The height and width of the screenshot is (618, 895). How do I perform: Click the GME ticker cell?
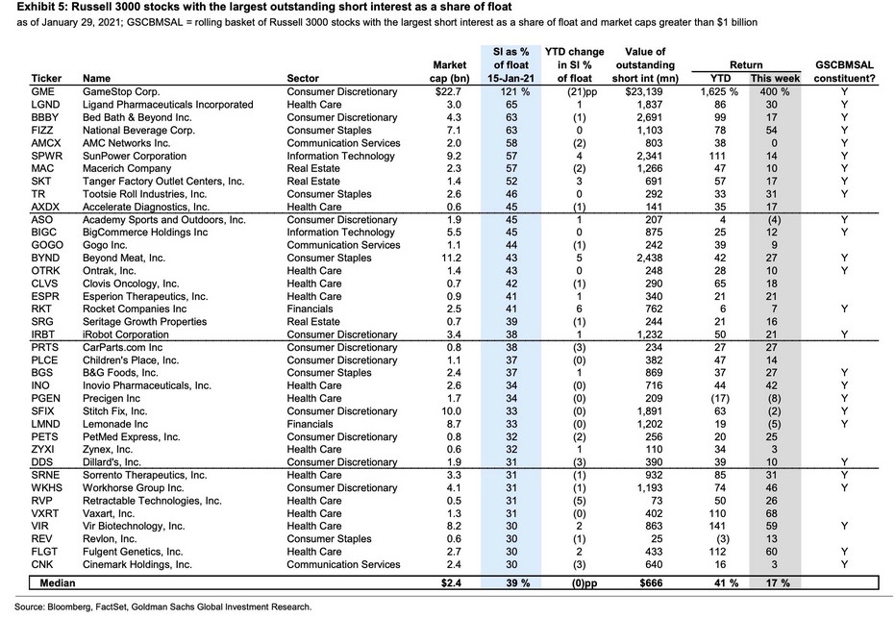click(x=43, y=91)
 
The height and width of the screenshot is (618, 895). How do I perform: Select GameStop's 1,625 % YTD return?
click(x=719, y=91)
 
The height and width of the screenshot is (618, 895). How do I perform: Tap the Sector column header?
click(x=303, y=78)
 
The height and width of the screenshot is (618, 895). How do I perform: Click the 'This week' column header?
click(x=775, y=78)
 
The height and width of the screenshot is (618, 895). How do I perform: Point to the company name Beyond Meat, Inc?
click(x=124, y=258)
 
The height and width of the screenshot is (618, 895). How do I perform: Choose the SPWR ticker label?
click(x=47, y=156)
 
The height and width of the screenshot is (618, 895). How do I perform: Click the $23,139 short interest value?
click(x=643, y=91)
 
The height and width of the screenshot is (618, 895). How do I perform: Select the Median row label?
click(x=58, y=582)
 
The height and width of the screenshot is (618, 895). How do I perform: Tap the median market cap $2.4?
click(x=451, y=582)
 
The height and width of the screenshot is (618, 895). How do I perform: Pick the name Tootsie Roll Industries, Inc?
click(x=144, y=194)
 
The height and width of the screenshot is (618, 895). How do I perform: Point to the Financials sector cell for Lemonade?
click(x=310, y=424)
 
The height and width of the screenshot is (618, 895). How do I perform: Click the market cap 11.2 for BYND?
click(x=452, y=258)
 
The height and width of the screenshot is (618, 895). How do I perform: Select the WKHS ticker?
click(x=47, y=488)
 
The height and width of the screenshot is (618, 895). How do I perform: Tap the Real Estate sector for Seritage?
click(x=313, y=322)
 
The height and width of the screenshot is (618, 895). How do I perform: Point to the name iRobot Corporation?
click(x=126, y=334)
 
